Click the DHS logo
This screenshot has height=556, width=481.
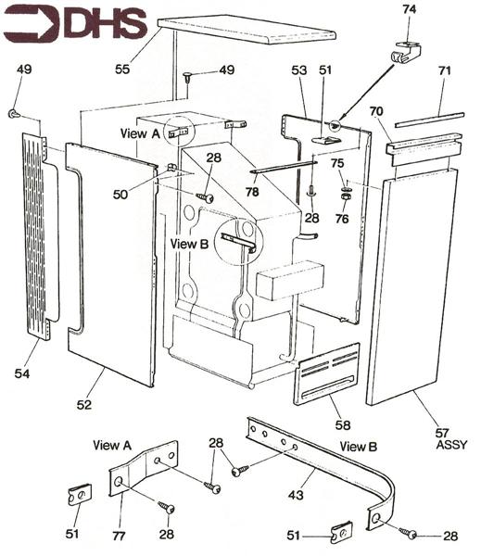75,24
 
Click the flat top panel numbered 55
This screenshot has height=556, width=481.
247,30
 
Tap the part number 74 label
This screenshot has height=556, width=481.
409,9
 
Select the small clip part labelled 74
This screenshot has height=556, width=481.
406,52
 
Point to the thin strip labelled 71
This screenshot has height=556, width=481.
430,120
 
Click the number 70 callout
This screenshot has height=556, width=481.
376,112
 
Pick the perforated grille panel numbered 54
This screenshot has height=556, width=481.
40,236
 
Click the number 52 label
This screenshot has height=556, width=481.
84,405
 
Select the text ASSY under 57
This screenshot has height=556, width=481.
451,445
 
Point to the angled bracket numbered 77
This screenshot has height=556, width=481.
143,469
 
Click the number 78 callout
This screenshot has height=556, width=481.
252,192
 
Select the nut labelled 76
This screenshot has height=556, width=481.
344,196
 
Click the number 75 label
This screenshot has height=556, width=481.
337,163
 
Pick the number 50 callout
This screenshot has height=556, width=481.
120,195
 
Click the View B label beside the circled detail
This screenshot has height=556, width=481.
189,244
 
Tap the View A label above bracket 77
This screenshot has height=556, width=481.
112,445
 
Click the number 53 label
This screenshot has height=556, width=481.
299,69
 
